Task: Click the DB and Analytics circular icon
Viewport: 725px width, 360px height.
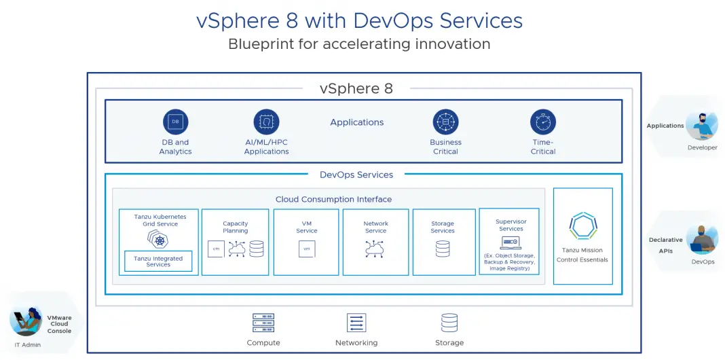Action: tap(175, 122)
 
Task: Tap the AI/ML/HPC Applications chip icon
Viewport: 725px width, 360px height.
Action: tap(266, 122)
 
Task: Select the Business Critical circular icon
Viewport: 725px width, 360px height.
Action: tap(445, 122)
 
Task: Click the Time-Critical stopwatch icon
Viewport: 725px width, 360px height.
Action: tap(542, 122)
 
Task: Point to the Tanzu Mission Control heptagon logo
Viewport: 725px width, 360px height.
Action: tap(582, 226)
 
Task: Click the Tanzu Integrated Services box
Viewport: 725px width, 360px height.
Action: tap(158, 262)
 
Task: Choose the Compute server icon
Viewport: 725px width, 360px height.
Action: tap(263, 323)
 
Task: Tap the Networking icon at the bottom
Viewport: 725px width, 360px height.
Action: tap(356, 323)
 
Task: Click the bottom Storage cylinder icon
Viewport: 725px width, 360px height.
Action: tap(449, 323)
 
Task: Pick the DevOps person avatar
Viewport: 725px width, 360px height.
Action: tap(703, 240)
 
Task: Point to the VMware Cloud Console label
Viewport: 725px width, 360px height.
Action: tap(59, 324)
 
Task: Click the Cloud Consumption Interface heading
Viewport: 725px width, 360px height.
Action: tap(333, 200)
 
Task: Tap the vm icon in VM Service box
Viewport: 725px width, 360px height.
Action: tap(307, 249)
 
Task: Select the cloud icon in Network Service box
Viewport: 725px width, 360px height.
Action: tap(375, 249)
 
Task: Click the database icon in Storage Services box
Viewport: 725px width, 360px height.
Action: tap(443, 249)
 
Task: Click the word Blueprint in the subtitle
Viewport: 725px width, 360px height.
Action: tap(260, 44)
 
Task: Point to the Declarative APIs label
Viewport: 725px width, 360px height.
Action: tap(665, 245)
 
